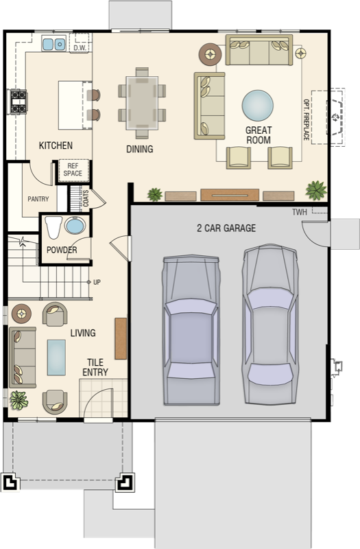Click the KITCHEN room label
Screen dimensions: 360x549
point(56,145)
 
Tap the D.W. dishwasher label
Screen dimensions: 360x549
point(80,48)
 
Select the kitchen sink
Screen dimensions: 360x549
point(54,44)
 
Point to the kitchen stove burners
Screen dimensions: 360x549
point(19,102)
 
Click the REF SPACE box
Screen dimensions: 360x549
point(73,170)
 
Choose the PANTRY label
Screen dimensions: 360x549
point(38,199)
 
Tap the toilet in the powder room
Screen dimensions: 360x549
point(53,227)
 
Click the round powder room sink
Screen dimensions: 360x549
point(75,225)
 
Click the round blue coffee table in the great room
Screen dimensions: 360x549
point(258,106)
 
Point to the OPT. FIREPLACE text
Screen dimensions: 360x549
point(306,119)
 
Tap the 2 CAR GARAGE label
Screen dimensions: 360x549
point(226,229)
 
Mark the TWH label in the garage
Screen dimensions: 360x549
point(300,212)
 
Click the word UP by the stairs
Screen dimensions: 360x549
point(97,282)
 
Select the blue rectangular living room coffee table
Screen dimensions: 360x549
point(56,357)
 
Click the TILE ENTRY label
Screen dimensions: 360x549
point(95,367)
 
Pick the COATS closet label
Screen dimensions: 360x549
point(86,198)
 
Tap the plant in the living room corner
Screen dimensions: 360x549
point(19,400)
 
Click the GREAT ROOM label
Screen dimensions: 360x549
point(259,135)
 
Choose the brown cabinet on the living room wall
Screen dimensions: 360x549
point(121,338)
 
